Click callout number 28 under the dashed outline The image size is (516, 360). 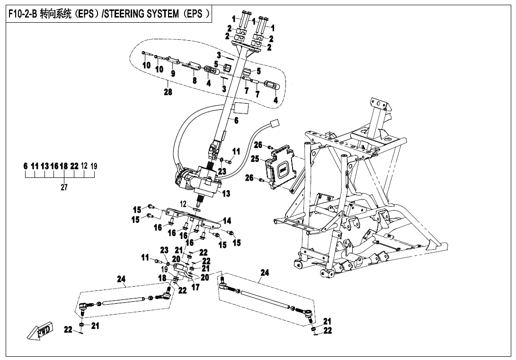click(168, 92)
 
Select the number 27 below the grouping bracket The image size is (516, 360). click(64, 187)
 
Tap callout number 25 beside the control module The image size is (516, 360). click(255, 159)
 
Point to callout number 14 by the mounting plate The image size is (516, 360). click(227, 221)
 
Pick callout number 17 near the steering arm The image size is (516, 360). click(195, 287)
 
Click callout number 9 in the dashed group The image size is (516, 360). click(173, 73)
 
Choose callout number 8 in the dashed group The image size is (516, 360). click(194, 80)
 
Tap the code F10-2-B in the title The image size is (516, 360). click(22, 14)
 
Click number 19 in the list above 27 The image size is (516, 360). click(94, 166)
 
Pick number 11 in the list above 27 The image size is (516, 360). click(35, 166)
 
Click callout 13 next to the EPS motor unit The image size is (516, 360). click(226, 193)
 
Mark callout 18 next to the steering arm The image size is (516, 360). click(162, 278)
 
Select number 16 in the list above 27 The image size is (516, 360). click(54, 166)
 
